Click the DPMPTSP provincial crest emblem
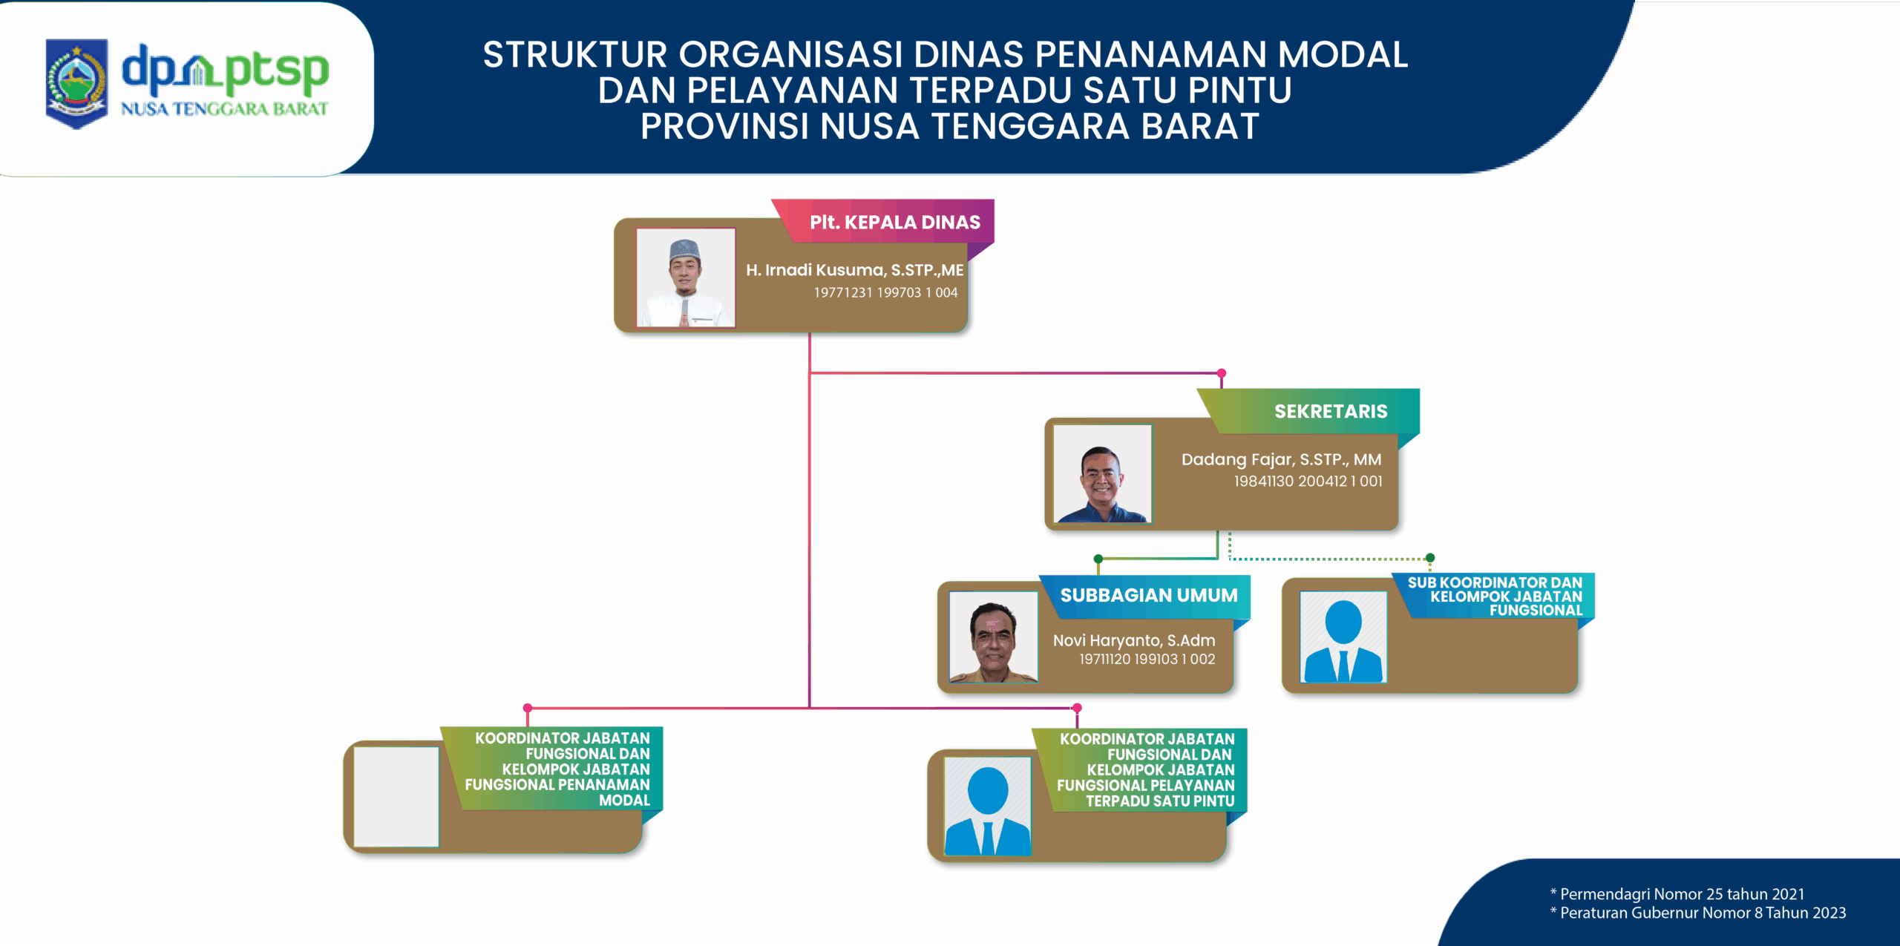76,84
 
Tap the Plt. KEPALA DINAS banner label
894,222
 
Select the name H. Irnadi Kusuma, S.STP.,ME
854,270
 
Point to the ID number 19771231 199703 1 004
885,292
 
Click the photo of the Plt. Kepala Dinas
686,277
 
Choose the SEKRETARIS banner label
1331,411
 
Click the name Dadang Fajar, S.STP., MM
1281,459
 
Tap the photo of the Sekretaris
1102,473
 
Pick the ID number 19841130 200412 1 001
1308,481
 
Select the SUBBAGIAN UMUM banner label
1148,595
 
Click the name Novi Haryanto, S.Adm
1134,640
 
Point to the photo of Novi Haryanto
993,637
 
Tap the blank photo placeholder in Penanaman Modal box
396,796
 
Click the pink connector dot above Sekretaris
1221,373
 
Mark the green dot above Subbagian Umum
1098,559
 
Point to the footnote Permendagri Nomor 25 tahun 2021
1677,894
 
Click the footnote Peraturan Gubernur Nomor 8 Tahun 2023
1697,913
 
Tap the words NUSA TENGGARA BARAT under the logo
224,109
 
